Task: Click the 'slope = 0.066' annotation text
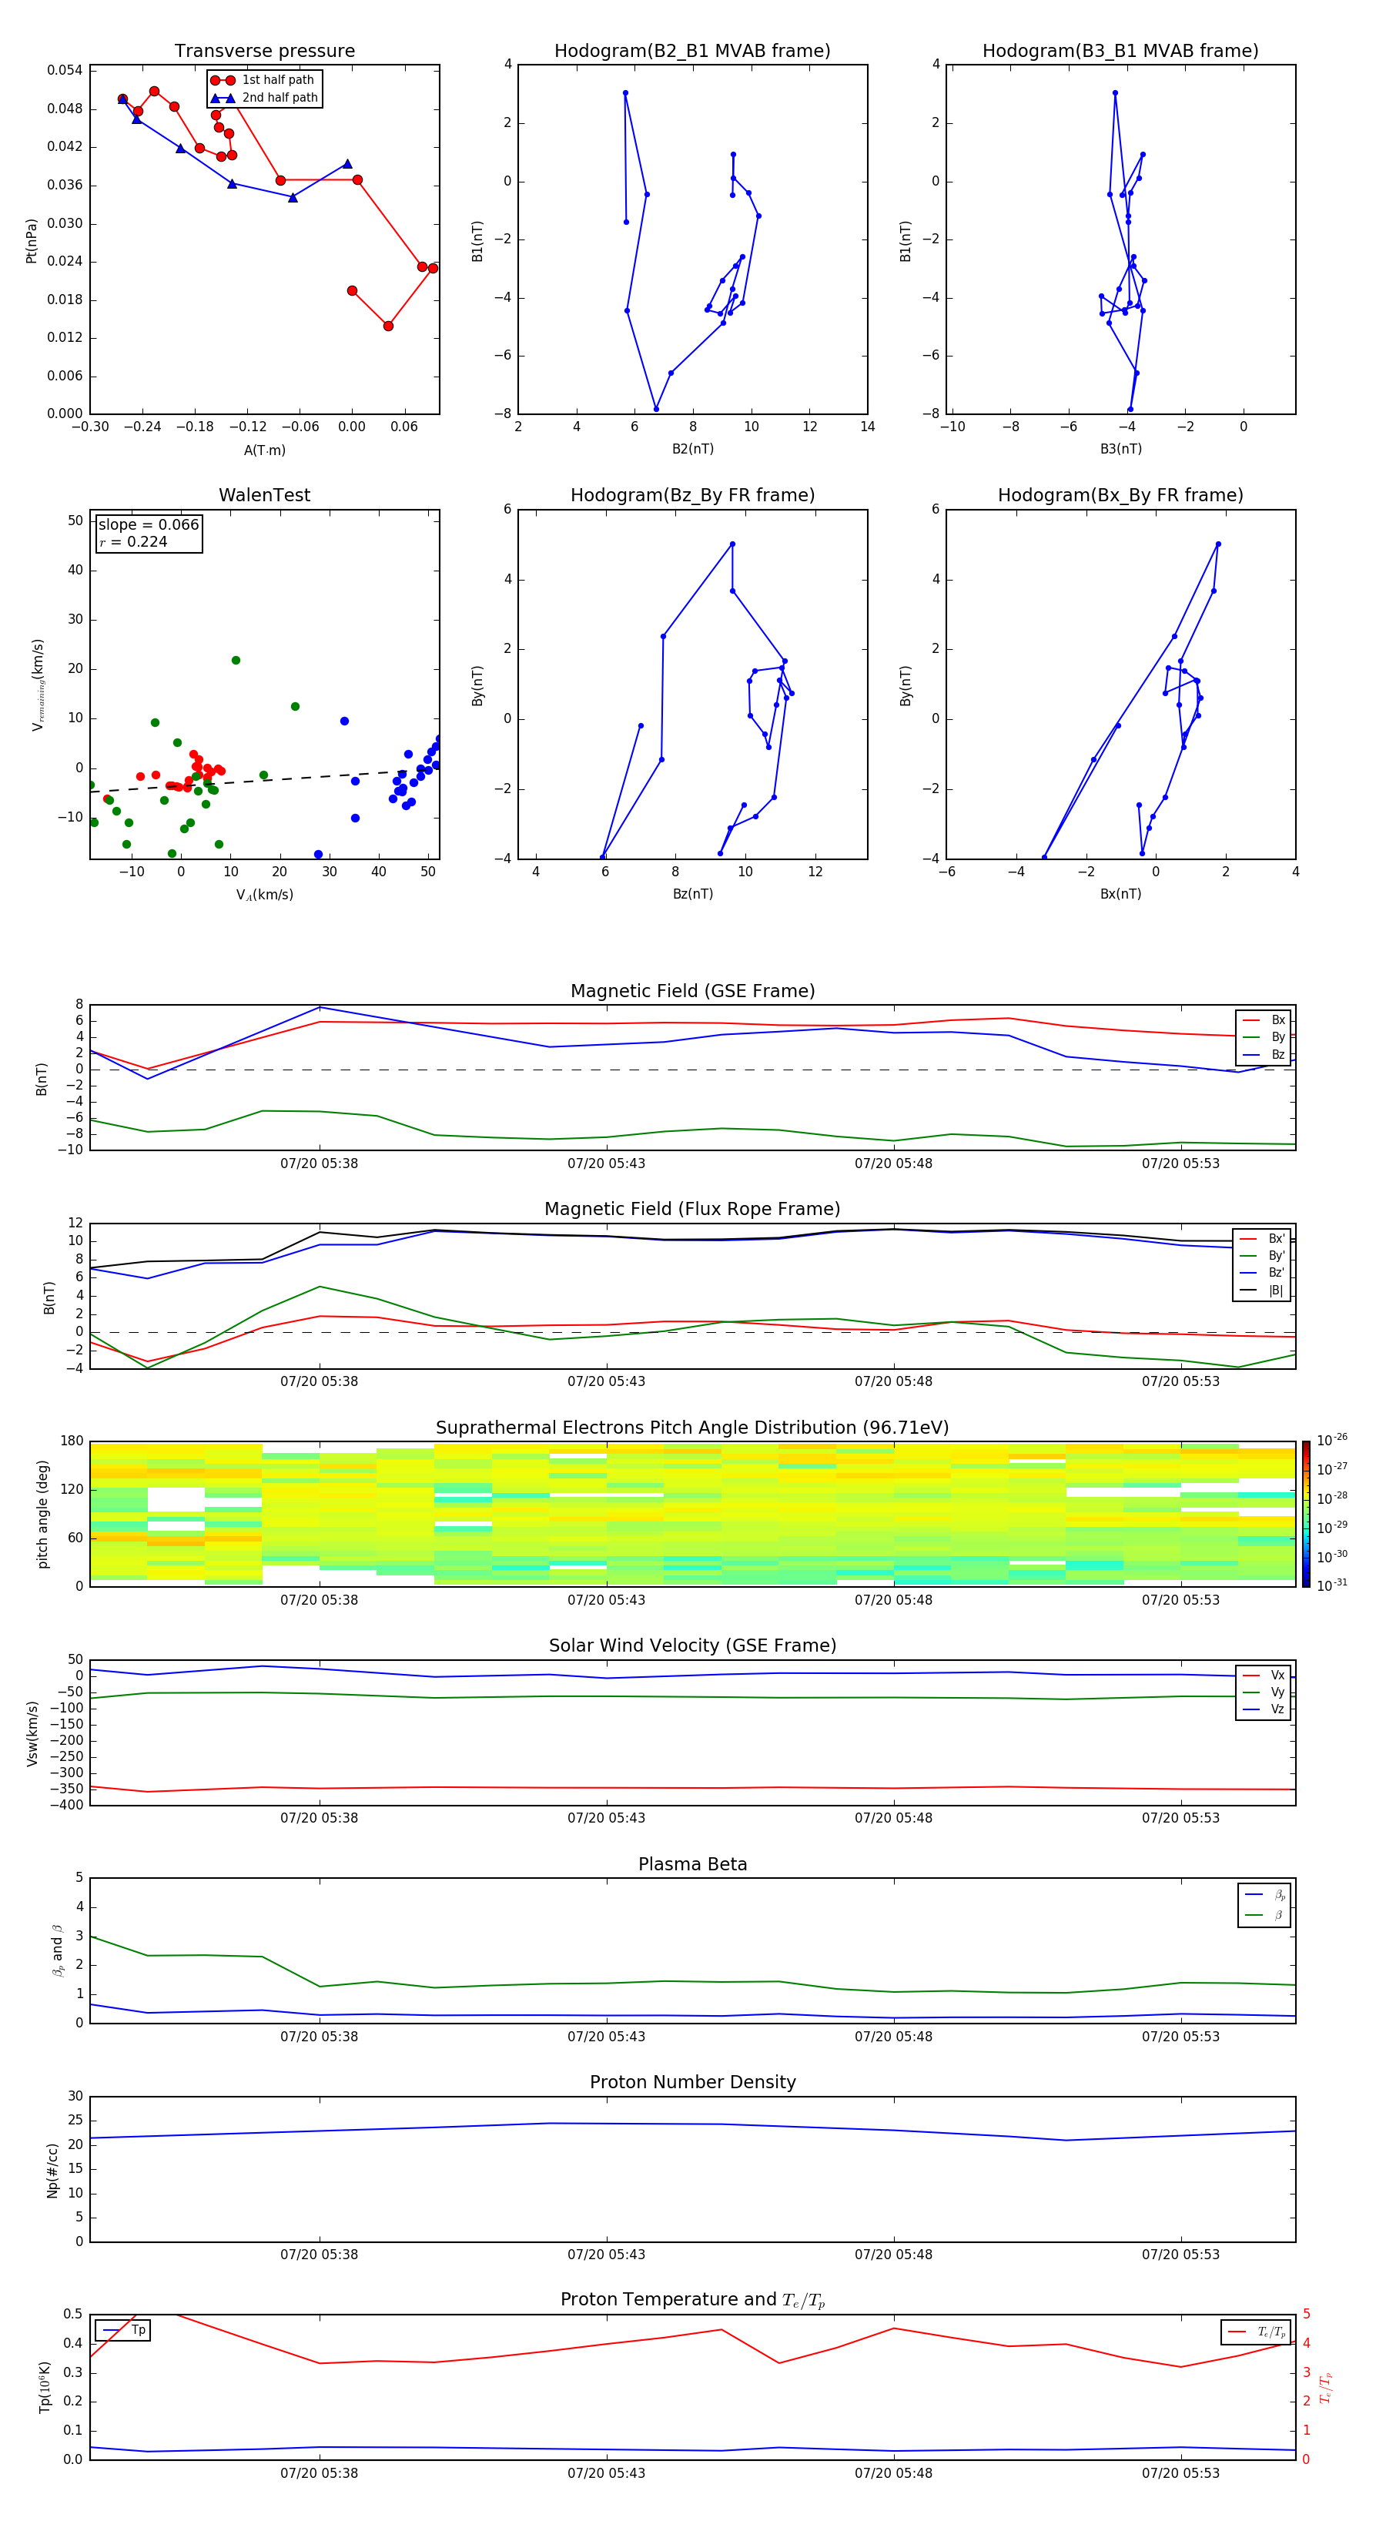[148, 525]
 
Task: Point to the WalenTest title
[264, 495]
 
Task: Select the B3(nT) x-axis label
[1120, 449]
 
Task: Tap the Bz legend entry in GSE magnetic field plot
[1277, 1054]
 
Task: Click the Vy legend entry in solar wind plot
[1277, 1692]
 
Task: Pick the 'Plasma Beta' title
[692, 1864]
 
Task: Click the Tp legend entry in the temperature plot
[138, 2330]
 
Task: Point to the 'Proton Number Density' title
[692, 2082]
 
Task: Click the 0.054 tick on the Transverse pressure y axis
[65, 70]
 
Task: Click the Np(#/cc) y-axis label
[52, 2170]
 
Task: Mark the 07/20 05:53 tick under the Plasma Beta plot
[1180, 2036]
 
